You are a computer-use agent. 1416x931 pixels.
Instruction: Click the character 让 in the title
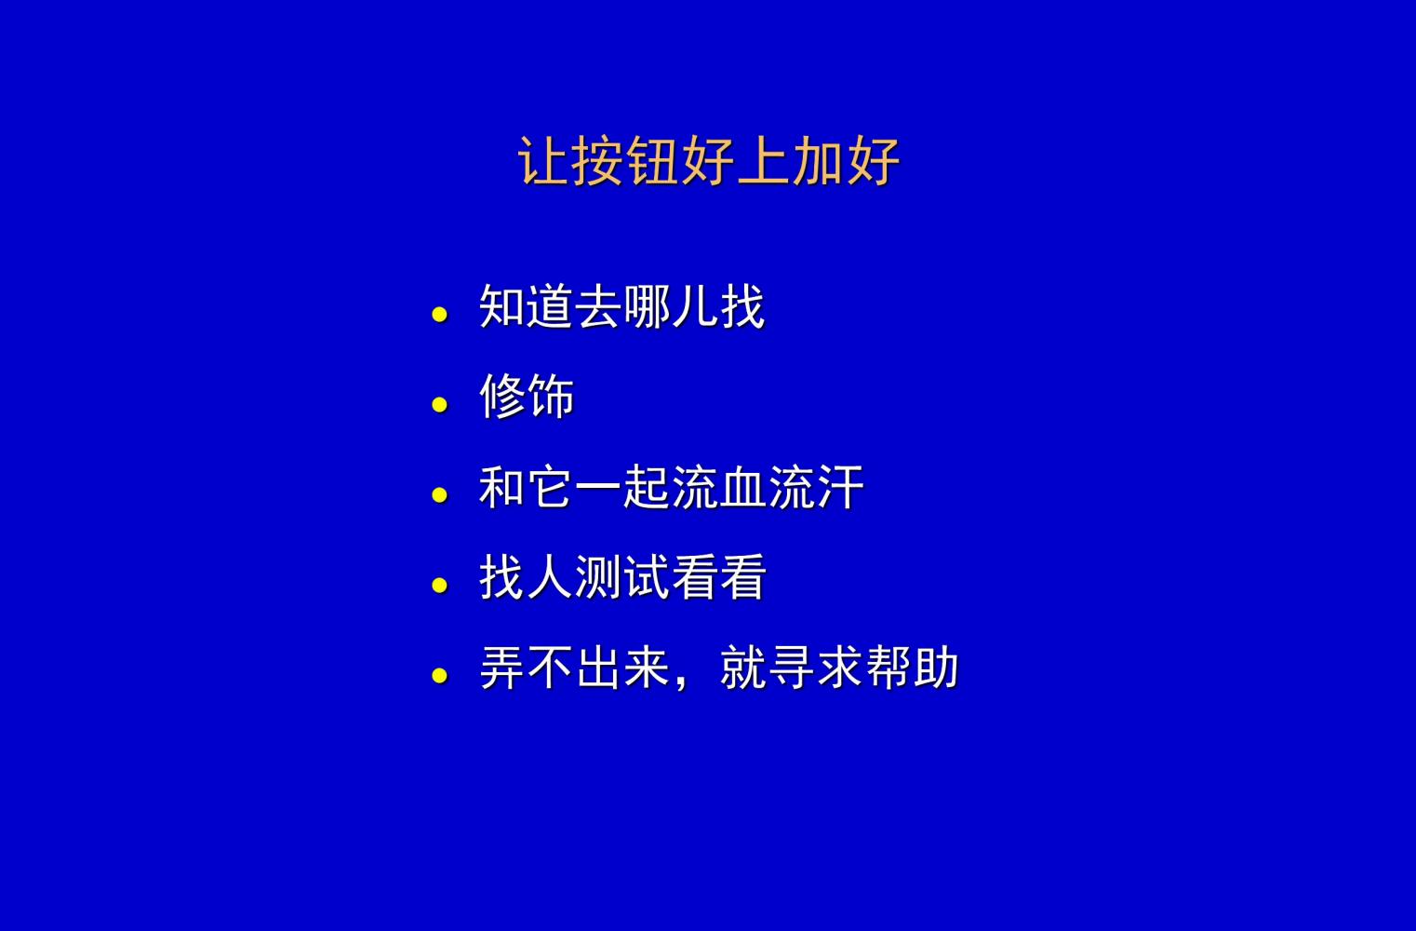[542, 161]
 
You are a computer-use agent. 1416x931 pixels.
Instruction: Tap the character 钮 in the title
[652, 161]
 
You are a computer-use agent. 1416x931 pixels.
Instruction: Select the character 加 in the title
[818, 161]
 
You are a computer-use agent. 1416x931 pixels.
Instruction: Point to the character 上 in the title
[763, 161]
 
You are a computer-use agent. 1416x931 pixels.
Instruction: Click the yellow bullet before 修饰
[440, 404]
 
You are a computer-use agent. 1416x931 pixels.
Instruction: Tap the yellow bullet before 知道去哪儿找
[440, 315]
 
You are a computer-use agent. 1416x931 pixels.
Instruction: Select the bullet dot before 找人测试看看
[440, 586]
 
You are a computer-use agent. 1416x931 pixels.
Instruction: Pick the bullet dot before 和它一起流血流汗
[440, 495]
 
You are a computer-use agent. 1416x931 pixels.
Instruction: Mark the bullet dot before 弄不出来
[440, 676]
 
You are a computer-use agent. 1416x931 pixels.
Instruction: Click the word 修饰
[527, 396]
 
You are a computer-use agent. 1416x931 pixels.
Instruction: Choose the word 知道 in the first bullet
[527, 306]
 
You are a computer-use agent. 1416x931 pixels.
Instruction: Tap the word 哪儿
[671, 306]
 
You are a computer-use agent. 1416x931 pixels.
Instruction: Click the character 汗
[840, 487]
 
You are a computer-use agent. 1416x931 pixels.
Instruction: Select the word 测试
[622, 577]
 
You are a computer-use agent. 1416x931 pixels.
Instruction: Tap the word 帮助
[913, 668]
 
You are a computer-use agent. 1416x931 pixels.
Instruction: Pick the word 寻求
[816, 668]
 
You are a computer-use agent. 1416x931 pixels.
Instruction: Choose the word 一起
[622, 487]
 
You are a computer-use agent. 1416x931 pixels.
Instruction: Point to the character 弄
[502, 668]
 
